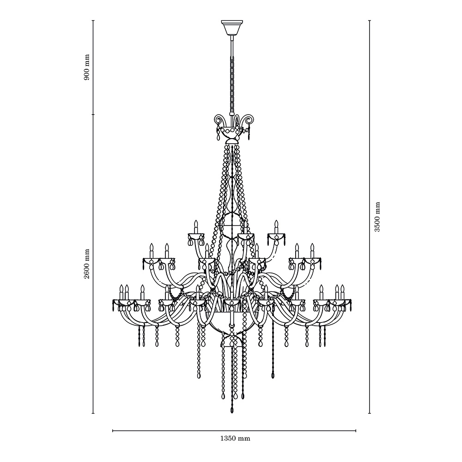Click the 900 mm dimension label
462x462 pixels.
click(87, 67)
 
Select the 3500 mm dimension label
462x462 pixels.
click(377, 217)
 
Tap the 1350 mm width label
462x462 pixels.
click(235, 439)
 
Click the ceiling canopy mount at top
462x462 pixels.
click(232, 27)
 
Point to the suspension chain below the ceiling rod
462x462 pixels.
click(232, 85)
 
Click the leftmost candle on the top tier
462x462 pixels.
click(195, 226)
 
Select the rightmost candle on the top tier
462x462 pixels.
click(276, 226)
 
